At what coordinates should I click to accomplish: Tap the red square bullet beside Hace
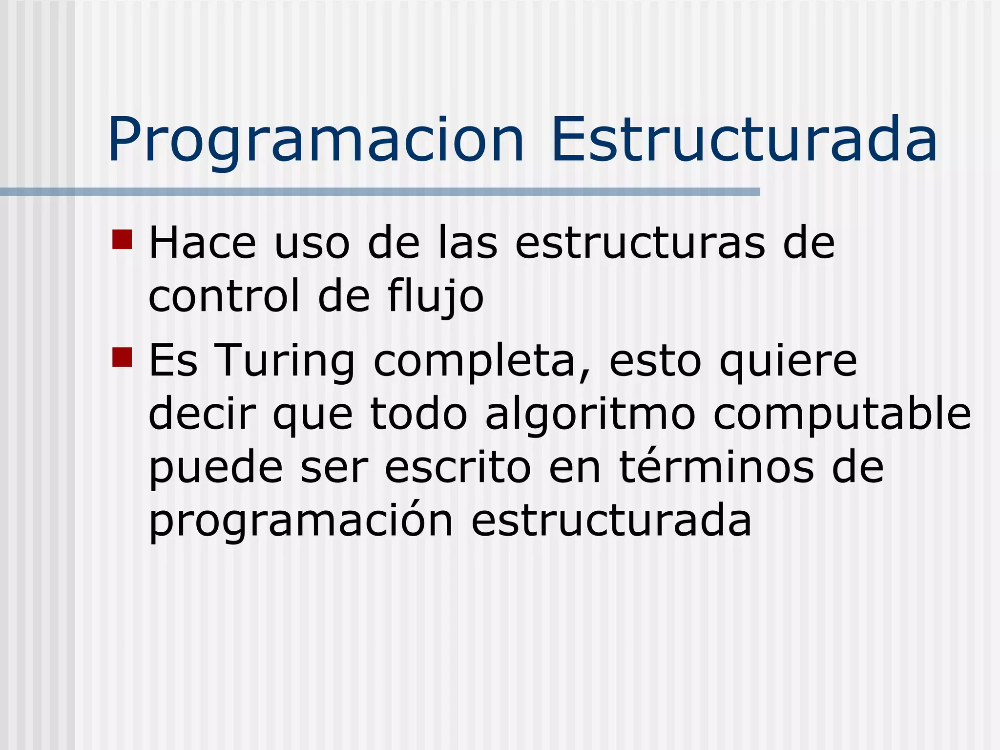click(x=122, y=239)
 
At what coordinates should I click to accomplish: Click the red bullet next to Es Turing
click(x=122, y=357)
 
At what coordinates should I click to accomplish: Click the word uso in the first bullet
click(x=312, y=243)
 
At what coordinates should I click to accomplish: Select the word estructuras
click(x=640, y=243)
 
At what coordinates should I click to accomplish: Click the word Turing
click(x=285, y=361)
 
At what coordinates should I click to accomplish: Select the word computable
click(x=842, y=414)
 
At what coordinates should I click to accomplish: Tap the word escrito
click(x=458, y=467)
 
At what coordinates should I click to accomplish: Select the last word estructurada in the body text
click(x=611, y=521)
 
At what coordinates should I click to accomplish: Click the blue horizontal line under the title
click(x=380, y=192)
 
